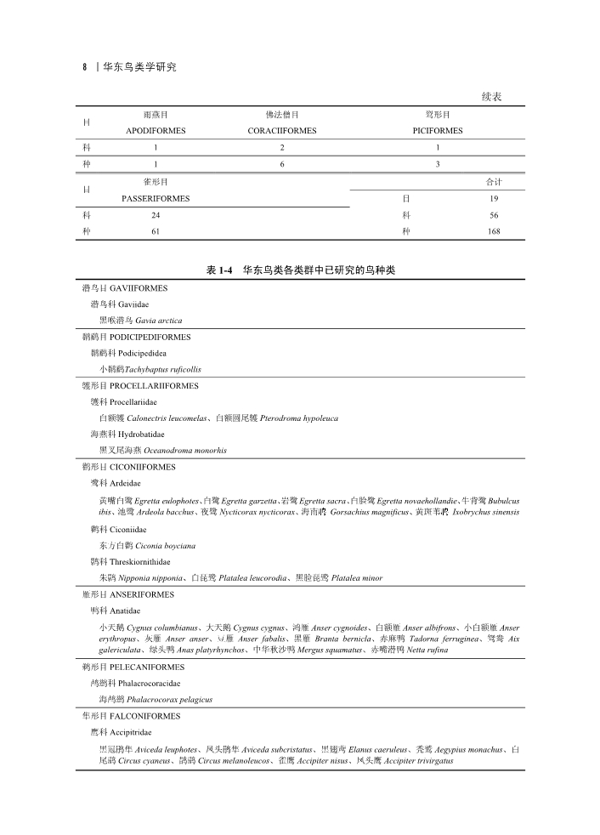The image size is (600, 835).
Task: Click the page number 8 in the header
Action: [x=84, y=66]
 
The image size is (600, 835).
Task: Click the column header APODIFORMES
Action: [x=156, y=131]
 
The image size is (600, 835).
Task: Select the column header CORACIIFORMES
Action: [x=282, y=131]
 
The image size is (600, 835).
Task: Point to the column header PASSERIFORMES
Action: [x=157, y=198]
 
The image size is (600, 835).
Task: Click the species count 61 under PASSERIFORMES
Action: [x=156, y=231]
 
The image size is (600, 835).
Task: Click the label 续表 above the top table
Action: [x=491, y=97]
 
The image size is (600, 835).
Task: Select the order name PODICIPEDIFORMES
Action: [x=150, y=337]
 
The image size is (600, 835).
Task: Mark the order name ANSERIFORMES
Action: [x=142, y=594]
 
